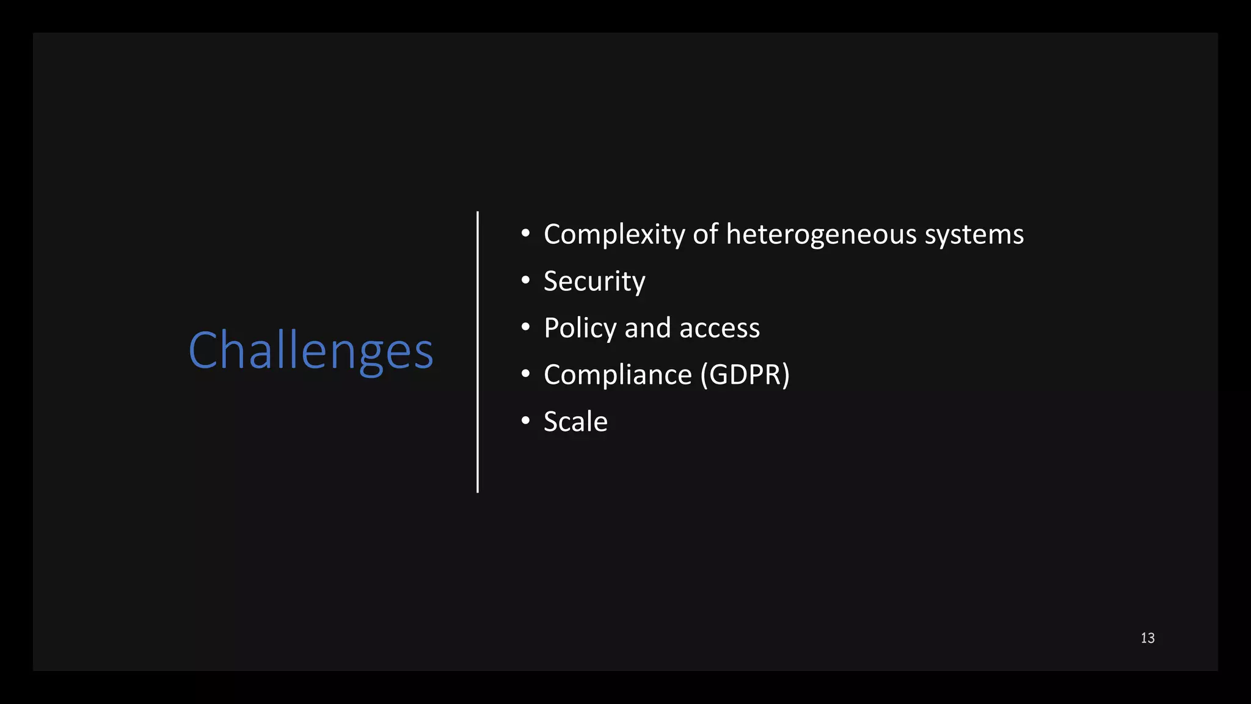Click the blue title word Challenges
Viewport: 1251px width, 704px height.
click(x=311, y=350)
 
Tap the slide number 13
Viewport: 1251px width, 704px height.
click(x=1147, y=638)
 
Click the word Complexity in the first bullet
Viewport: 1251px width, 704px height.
click(x=615, y=235)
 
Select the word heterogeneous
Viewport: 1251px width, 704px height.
click(x=821, y=235)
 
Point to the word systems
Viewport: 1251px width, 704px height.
click(x=974, y=235)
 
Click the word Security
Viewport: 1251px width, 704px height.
click(x=594, y=282)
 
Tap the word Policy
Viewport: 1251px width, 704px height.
click(x=580, y=329)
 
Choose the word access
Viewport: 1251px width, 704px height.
click(x=720, y=329)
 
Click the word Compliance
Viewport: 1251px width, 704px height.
click(x=618, y=375)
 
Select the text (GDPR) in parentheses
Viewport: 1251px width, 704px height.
click(x=745, y=375)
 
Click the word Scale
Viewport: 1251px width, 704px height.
click(x=575, y=422)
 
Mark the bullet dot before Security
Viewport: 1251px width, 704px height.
click(x=525, y=280)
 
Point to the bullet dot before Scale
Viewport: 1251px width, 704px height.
click(x=525, y=420)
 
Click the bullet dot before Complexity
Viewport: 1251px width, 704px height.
click(x=525, y=233)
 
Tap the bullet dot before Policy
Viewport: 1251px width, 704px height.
click(x=525, y=327)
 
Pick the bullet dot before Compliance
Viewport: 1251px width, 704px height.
click(x=525, y=373)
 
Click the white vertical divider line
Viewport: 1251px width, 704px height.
click(x=478, y=352)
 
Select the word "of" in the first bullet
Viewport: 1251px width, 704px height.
click(x=705, y=235)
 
